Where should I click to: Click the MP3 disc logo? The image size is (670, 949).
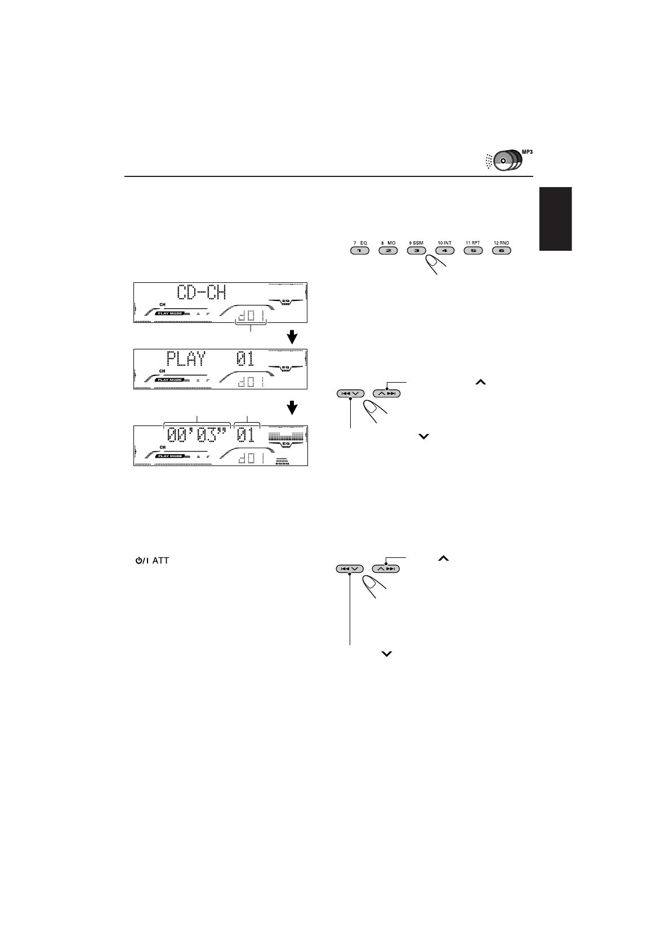[x=504, y=159]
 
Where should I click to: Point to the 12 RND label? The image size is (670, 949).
[x=501, y=243]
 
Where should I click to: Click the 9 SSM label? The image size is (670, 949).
[x=416, y=243]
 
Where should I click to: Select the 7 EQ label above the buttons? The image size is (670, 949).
[x=360, y=243]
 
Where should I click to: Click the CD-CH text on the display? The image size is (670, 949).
[x=201, y=293]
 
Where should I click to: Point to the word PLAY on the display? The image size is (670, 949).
[x=186, y=359]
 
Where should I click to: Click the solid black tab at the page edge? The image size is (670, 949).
[x=556, y=219]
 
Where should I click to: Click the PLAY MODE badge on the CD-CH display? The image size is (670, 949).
[x=170, y=313]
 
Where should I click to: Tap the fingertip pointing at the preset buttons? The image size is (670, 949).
[x=434, y=263]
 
